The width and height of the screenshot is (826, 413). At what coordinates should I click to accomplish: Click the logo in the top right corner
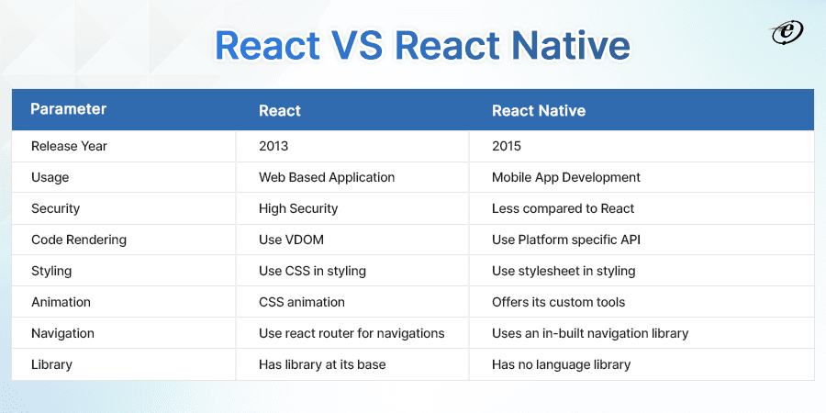point(787,33)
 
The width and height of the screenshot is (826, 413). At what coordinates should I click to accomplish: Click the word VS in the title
point(357,46)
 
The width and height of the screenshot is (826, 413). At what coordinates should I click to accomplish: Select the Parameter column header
point(69,109)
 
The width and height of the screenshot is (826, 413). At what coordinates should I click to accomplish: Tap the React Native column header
point(539,111)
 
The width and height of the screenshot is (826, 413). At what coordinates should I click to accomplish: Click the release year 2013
point(273,146)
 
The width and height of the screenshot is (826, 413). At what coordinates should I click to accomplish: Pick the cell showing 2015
point(507,146)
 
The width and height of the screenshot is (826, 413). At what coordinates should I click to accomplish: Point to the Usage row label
point(50,177)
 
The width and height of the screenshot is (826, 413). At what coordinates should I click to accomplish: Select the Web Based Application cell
point(327,177)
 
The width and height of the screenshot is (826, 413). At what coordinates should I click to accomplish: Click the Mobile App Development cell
point(565,177)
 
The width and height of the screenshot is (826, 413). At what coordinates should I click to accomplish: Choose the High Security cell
point(298,208)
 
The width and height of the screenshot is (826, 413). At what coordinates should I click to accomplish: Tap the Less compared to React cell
point(564,208)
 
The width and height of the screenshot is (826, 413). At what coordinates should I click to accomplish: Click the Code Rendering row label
point(79,240)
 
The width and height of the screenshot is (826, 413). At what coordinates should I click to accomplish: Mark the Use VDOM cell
point(291,240)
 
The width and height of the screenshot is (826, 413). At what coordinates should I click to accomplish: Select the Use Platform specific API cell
point(565,240)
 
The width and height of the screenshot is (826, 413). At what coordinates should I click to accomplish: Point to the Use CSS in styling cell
point(312,271)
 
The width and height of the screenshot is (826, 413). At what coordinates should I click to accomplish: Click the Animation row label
point(61,302)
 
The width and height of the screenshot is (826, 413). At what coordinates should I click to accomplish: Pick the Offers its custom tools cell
point(558,302)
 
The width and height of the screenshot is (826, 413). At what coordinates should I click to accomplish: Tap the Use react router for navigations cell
point(352,333)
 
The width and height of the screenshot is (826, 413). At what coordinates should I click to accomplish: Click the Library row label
point(51,364)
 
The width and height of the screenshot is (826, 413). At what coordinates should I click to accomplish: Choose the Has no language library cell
point(561,364)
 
